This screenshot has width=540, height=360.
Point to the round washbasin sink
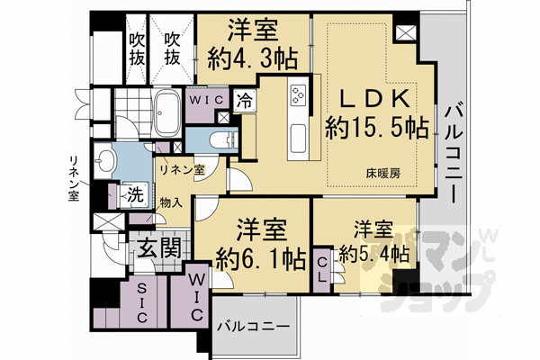109,162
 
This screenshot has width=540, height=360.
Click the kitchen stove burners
298,95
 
